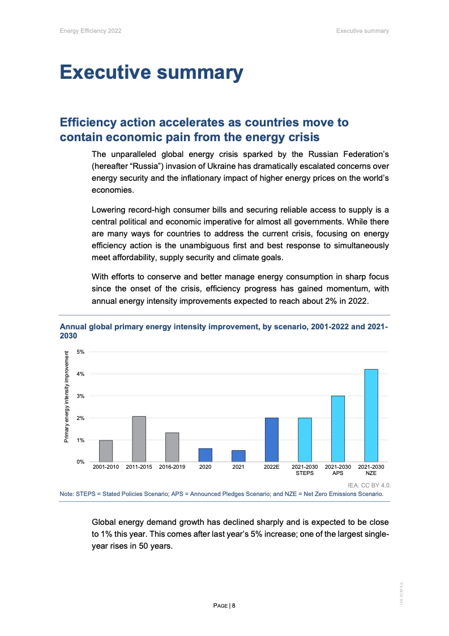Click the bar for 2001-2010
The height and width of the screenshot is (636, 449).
pyautogui.click(x=106, y=451)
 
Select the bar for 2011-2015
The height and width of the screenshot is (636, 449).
pyautogui.click(x=139, y=439)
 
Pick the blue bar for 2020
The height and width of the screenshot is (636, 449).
pyautogui.click(x=205, y=455)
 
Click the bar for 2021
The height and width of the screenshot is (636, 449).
pyautogui.click(x=238, y=456)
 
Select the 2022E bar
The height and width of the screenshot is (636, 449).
pyautogui.click(x=271, y=439)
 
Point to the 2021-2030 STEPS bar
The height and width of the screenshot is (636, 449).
pyautogui.click(x=305, y=439)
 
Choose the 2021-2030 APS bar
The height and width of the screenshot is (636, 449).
pyautogui.click(x=337, y=429)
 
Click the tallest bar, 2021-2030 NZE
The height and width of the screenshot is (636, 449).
pyautogui.click(x=371, y=415)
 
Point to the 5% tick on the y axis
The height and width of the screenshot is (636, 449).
pyautogui.click(x=80, y=351)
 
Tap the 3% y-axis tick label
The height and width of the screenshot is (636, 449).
pyautogui.click(x=80, y=396)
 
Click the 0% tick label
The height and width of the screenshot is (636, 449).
pyautogui.click(x=80, y=462)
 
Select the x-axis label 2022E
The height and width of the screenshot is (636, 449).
pyautogui.click(x=271, y=467)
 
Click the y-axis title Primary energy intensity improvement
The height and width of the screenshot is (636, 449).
pyautogui.click(x=66, y=397)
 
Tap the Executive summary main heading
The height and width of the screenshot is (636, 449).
pyautogui.click(x=151, y=73)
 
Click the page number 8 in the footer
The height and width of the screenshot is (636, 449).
pyautogui.click(x=233, y=605)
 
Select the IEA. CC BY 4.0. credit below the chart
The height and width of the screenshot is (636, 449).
pyautogui.click(x=369, y=486)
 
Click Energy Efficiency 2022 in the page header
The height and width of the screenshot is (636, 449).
pyautogui.click(x=90, y=31)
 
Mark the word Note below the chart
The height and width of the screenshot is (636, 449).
pyautogui.click(x=66, y=494)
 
